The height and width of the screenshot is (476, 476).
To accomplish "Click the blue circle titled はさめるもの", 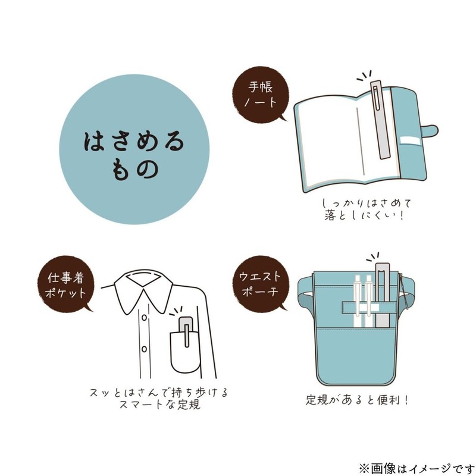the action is point(134,149).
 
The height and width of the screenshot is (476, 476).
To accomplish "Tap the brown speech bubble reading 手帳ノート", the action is point(261,95).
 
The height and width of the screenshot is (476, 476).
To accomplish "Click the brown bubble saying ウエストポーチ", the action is point(261,284).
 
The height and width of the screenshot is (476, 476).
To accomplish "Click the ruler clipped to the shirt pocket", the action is point(186,332).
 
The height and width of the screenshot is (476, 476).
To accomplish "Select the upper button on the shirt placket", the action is point(144,318).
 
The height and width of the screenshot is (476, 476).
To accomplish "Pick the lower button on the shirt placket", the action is point(144,349).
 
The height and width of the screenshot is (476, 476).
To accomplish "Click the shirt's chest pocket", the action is point(185,352).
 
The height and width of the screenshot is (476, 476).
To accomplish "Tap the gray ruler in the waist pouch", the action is point(383,295).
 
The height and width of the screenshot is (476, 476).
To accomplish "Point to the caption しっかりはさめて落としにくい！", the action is point(366,209).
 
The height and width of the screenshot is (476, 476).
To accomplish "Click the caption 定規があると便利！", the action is point(357,400).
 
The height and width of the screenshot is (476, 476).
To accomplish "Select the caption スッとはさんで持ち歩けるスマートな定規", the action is point(158,398).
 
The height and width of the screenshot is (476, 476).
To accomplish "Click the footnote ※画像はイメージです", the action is point(416,468).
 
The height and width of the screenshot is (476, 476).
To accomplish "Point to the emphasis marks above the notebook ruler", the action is point(364,76).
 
